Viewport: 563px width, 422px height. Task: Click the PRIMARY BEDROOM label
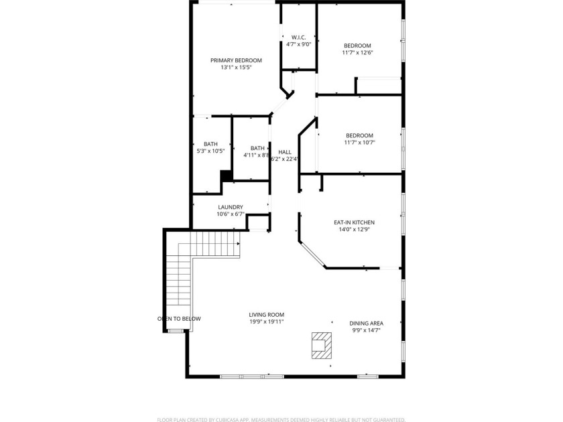pos(236,60)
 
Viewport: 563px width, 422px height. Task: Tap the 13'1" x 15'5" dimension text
pos(236,68)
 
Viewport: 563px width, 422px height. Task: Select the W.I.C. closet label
pos(298,37)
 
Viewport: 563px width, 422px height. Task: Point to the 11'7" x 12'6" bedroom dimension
pos(357,53)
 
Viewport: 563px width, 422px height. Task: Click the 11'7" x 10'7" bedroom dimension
pos(359,143)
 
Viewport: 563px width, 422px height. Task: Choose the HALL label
pos(285,152)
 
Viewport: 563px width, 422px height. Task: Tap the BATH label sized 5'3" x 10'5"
pos(210,144)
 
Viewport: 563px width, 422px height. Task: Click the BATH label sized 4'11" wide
pos(257,148)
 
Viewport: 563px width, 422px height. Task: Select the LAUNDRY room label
pos(230,207)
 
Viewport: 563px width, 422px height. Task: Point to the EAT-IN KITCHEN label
pos(354,222)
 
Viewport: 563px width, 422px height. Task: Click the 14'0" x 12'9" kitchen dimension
pos(354,230)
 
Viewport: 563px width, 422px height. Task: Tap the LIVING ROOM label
pos(266,314)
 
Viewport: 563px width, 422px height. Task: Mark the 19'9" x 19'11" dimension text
pos(266,322)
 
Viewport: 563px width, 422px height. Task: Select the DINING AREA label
pos(366,322)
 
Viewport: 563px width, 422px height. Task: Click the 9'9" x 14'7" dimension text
pos(366,330)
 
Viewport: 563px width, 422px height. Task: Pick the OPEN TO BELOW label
pos(179,319)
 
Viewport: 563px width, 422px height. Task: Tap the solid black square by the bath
pos(227,175)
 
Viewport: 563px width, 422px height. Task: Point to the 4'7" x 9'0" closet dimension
pos(298,44)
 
